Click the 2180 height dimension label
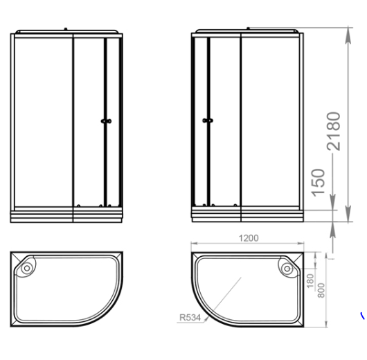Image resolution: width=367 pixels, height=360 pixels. tap(333, 132)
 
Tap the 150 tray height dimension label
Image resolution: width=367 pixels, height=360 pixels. tap(318, 183)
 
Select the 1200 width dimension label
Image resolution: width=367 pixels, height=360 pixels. tap(249, 238)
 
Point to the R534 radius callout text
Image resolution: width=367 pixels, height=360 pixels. tap(190, 318)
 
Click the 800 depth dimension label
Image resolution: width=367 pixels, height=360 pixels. tap(321, 291)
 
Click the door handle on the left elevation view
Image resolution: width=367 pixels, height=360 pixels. tap(106, 121)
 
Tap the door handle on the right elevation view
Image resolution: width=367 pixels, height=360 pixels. tap(208, 120)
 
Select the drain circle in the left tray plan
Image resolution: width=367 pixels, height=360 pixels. tap(27, 268)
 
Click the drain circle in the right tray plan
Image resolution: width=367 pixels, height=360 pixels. tap(287, 269)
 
